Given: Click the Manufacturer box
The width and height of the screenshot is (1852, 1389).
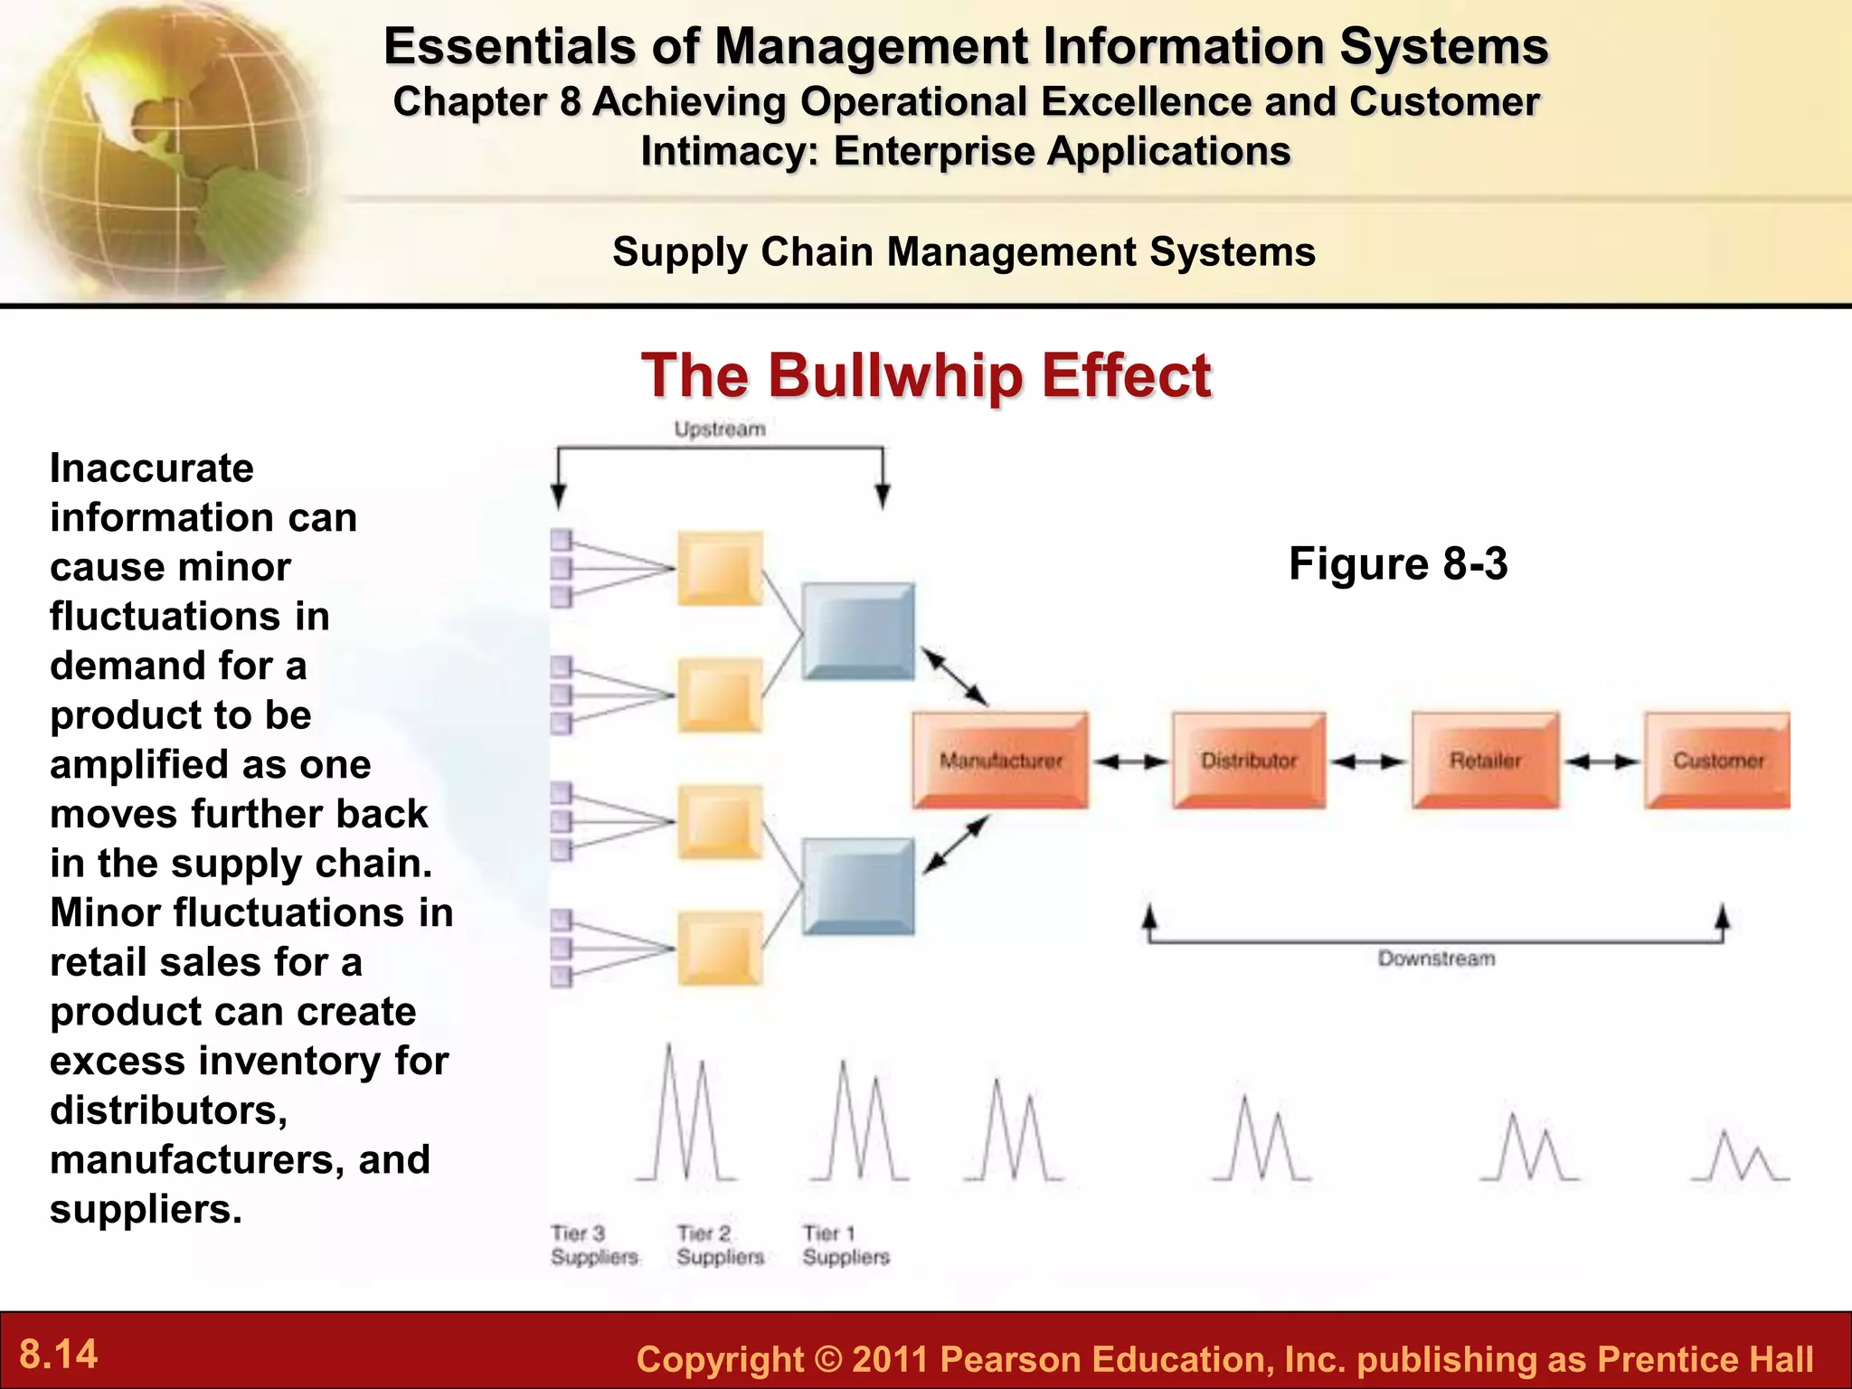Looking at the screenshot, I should point(1000,760).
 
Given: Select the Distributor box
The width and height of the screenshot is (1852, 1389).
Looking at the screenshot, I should point(1249,760).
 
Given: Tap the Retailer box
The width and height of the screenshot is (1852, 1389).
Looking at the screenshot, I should point(1485,760).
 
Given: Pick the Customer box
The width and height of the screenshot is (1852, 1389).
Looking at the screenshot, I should point(1717,760).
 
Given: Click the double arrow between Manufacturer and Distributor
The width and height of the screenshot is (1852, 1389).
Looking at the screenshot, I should point(1130,761).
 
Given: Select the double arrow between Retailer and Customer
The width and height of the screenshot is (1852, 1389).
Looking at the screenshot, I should point(1602,761).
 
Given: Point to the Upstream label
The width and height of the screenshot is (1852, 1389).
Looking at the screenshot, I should point(720,429).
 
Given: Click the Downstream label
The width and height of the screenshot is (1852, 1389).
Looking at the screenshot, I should point(1436,959).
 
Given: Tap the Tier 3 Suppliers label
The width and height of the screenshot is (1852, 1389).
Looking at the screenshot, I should point(594,1245).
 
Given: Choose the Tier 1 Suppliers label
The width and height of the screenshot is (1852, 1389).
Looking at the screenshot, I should point(846,1245).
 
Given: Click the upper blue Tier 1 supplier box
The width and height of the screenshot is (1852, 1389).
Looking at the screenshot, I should point(858,630).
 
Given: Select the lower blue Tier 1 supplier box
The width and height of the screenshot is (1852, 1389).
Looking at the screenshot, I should point(858,886).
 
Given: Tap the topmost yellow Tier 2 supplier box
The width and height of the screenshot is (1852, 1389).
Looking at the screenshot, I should point(720,569).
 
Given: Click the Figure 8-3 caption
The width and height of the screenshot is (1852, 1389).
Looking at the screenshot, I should point(1398,563).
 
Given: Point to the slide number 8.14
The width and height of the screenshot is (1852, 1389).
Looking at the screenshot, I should point(59,1355).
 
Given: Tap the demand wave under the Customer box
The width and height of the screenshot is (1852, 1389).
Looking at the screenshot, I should point(1739,1157).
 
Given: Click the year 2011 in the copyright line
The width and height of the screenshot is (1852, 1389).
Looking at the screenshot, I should point(890,1359).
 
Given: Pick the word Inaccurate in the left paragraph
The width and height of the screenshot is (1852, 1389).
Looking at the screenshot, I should point(152,468).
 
